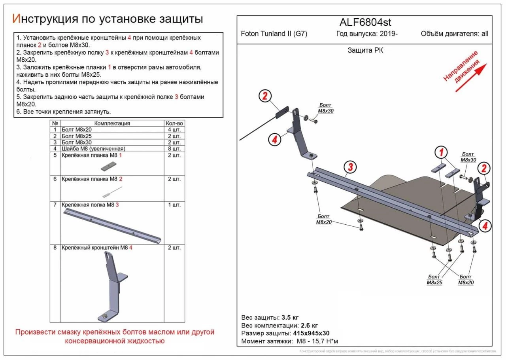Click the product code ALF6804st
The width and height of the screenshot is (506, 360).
pos(365,23)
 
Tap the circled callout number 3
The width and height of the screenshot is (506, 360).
pos(349,167)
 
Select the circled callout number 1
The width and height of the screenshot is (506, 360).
pos(441,152)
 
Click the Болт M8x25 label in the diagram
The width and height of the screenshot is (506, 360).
pos(434,280)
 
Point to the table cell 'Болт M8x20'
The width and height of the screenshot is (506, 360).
pos(77,130)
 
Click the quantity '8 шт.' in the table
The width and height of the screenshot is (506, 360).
pos(174,149)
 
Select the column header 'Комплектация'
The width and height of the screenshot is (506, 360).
pos(112,123)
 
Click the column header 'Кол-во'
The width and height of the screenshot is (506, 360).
pos(174,123)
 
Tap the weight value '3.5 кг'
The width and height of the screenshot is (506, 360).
pos(290,318)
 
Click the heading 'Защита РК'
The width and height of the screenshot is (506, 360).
pos(365,50)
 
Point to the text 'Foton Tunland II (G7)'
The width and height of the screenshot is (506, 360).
pos(274,34)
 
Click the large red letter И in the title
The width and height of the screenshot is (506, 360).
pos(17,19)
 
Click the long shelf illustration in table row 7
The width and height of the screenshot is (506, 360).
pos(112,226)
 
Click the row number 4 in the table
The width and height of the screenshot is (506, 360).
pos(55,149)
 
